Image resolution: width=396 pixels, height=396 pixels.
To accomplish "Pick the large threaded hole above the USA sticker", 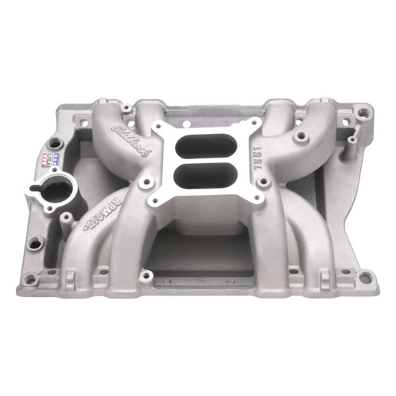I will (53, 143).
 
